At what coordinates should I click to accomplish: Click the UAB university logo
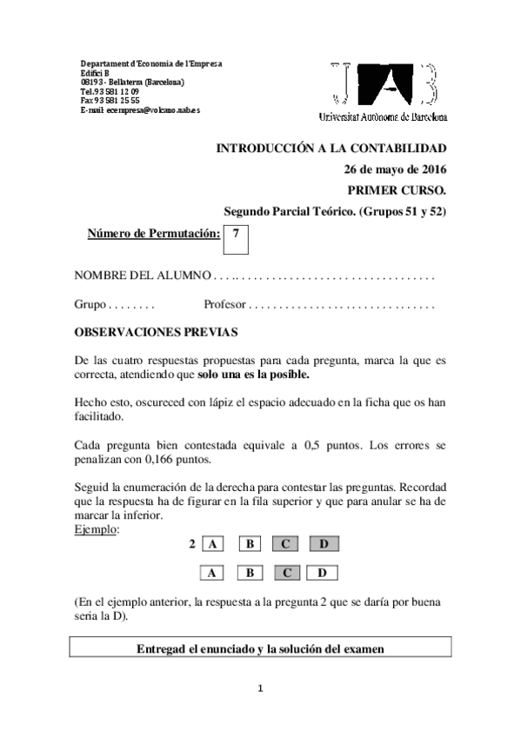[x=389, y=90]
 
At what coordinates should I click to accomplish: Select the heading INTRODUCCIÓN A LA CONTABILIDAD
[x=331, y=149]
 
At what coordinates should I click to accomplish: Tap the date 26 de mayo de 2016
[x=396, y=169]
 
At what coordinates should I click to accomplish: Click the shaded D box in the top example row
[x=324, y=545]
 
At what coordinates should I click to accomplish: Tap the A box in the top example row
[x=211, y=545]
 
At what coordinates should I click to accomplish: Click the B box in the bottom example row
[x=249, y=573]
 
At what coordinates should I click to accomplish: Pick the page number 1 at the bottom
[x=259, y=689]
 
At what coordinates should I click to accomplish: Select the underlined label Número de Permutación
[x=153, y=234]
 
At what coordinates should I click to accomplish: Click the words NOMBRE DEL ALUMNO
[x=143, y=277]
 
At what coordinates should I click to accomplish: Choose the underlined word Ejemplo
[x=97, y=529]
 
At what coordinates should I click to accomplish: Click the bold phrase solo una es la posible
[x=252, y=376]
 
